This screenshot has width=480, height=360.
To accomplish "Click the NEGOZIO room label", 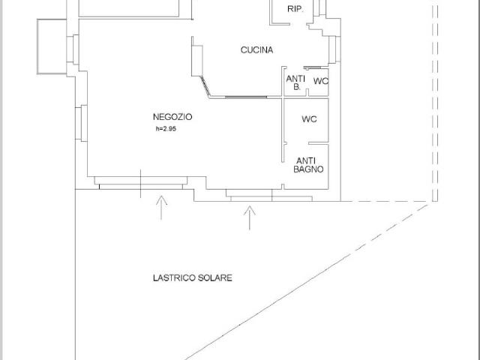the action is pos(172,117).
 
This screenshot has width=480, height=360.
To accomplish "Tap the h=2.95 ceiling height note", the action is pos(166,129).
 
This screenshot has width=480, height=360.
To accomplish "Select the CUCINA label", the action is pos(256,50).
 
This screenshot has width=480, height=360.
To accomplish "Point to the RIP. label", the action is pos(295,9).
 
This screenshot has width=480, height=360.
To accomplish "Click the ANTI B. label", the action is pos(295,82).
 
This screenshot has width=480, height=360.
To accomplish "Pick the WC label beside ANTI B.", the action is pos(321,81).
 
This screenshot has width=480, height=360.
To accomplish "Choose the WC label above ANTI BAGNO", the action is pos(309,119).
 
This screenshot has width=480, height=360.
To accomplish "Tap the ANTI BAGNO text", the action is pos(308,165).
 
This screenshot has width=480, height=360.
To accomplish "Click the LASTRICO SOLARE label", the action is pos(193,278).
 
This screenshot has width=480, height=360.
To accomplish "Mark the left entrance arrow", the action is pos(161,208).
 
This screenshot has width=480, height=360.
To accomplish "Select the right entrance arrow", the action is pos(250,217).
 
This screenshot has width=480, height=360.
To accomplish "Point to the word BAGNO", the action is pos(308,169).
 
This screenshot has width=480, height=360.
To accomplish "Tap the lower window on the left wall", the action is pos(81,123).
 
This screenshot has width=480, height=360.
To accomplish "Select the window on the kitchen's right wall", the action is pos(334,49).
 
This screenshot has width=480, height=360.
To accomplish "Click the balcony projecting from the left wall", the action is pos(52,46).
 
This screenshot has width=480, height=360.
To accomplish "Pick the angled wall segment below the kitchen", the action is pos(205,87).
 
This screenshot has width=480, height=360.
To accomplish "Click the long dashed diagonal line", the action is pos(306,282).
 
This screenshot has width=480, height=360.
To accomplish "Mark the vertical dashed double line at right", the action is pos(435,103).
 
